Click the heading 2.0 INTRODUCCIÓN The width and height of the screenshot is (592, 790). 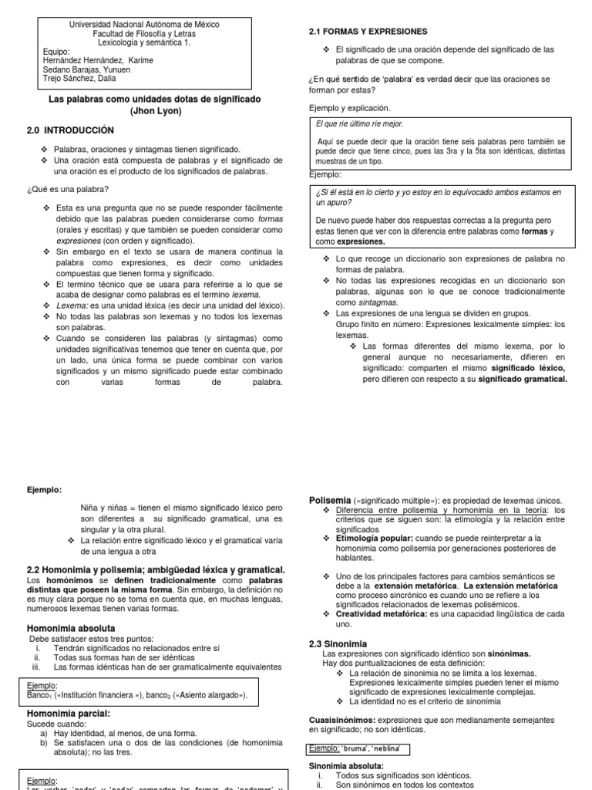tap(70, 130)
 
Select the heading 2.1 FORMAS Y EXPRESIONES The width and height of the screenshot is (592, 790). tap(368, 31)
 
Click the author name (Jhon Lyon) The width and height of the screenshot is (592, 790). tap(154, 111)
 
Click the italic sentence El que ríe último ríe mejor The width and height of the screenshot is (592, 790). tap(360, 123)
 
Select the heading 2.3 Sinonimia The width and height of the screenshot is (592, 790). tap(338, 643)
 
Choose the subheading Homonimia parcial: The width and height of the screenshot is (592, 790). tap(69, 713)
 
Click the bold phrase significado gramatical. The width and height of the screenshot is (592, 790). tap(522, 379)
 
